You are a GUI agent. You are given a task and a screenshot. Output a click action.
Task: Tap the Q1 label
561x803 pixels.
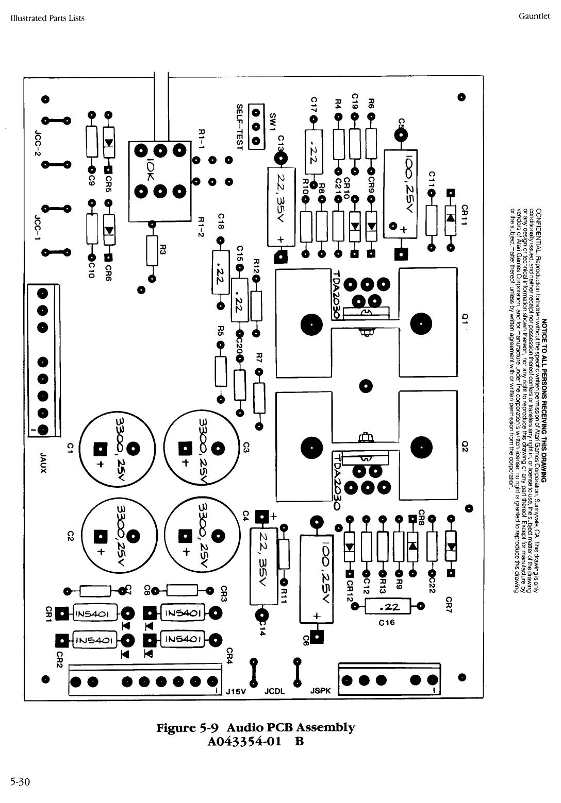pyautogui.click(x=464, y=320)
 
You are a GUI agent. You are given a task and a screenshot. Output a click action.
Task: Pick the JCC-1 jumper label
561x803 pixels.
pyautogui.click(x=37, y=225)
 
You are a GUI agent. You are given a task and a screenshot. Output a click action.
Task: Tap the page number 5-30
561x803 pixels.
pyautogui.click(x=20, y=783)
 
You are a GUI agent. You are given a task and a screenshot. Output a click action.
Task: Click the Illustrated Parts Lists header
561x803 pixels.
pyautogui.click(x=47, y=18)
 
